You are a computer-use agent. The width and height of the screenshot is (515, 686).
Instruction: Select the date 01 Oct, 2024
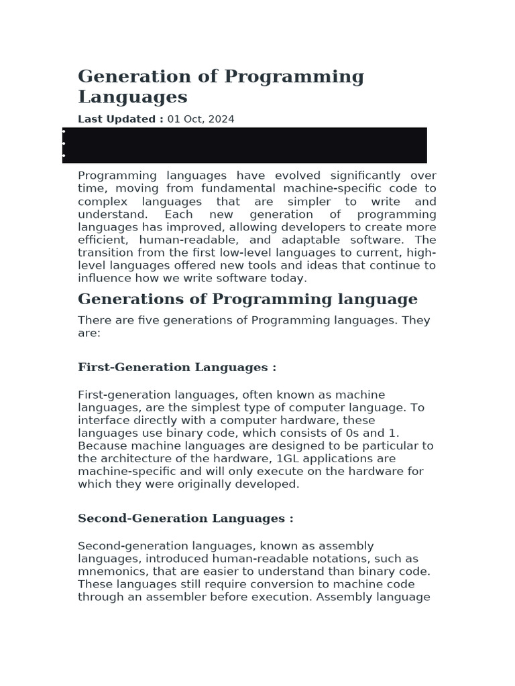(x=201, y=119)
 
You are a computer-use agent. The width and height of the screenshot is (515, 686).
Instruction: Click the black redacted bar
(x=245, y=145)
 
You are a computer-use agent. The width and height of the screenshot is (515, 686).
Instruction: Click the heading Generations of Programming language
(x=247, y=299)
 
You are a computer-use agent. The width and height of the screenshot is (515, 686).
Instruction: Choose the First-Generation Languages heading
(x=177, y=367)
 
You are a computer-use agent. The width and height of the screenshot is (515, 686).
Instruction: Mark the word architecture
(x=135, y=459)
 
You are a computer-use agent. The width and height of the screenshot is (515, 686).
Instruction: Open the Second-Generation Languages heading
(x=185, y=519)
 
